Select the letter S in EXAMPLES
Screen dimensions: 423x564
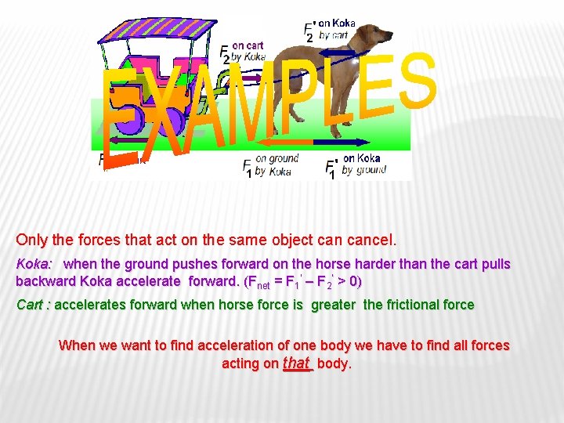[415, 82]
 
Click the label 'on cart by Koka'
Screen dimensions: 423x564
[248, 51]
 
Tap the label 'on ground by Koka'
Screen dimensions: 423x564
[274, 164]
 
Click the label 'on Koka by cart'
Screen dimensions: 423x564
[335, 29]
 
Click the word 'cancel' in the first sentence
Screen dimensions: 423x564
[373, 238]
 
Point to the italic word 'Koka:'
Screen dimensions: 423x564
[34, 265]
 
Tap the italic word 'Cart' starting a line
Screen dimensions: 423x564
[30, 305]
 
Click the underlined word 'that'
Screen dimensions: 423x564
[297, 363]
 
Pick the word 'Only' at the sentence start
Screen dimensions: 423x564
[31, 238]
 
